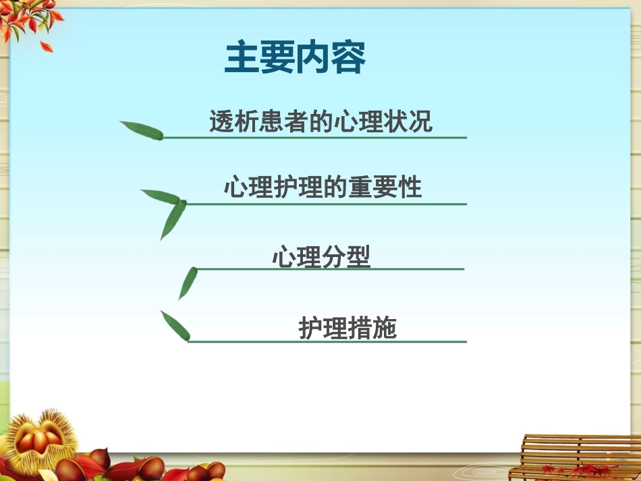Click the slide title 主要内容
tap(295, 58)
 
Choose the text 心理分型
tap(321, 257)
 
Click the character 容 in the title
tap(348, 58)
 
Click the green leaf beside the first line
tap(142, 130)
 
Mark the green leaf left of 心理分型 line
tap(188, 283)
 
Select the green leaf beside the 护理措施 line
tap(175, 325)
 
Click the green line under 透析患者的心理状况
tap(314, 138)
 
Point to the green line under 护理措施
tap(327, 342)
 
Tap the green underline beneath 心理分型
tap(330, 269)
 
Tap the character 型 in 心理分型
tap(358, 257)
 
